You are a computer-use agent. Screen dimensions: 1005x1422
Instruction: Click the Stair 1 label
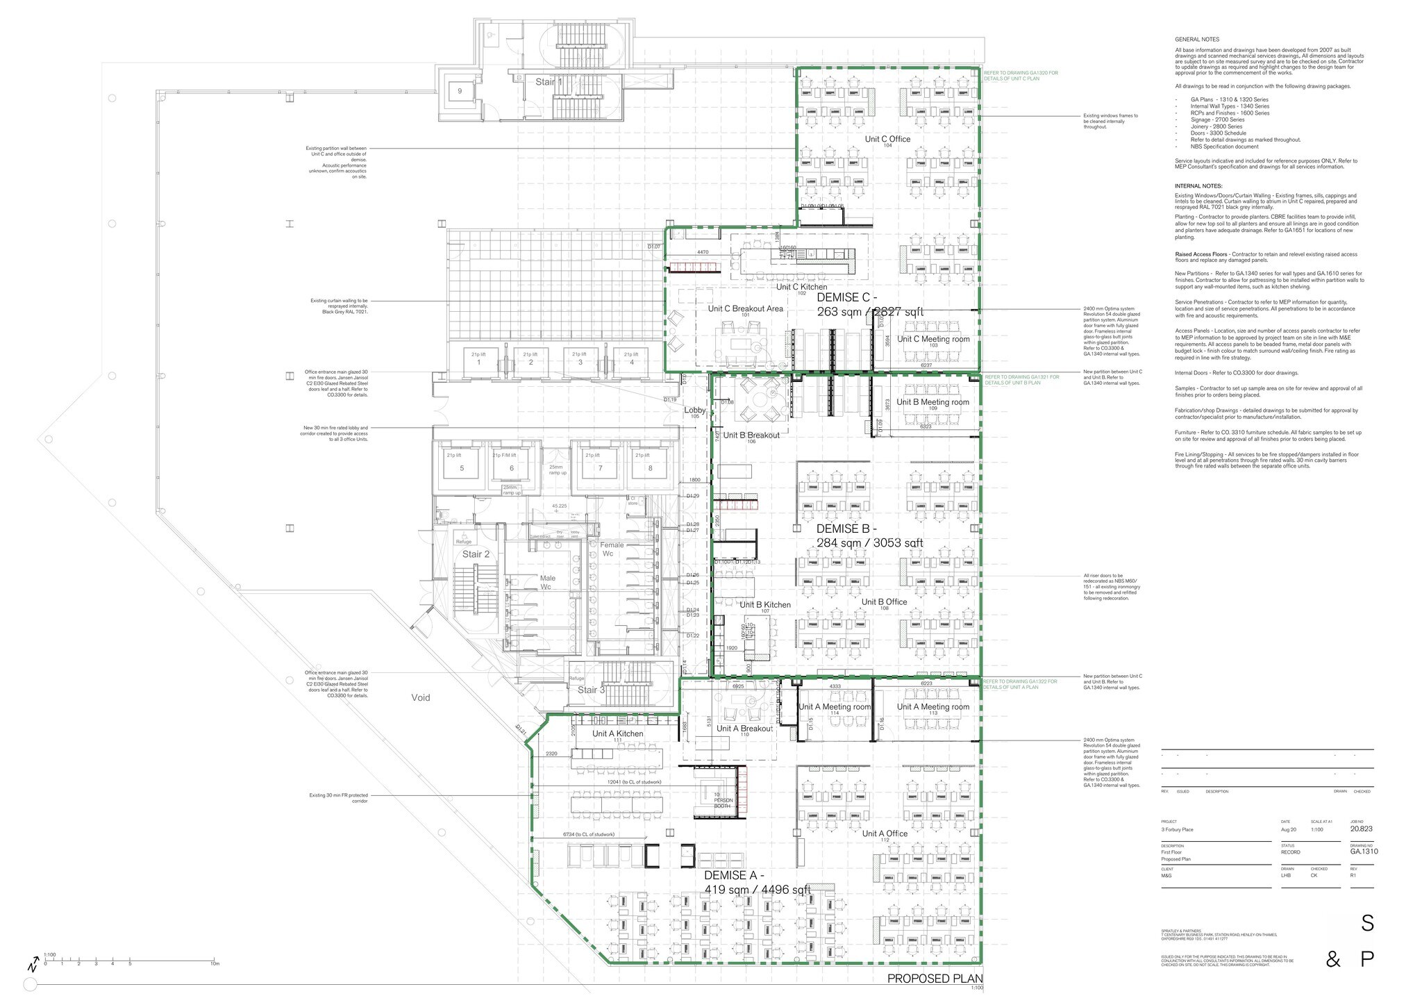(549, 82)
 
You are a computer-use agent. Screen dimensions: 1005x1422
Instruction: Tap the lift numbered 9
(459, 90)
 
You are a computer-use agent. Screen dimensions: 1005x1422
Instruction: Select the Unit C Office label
(887, 140)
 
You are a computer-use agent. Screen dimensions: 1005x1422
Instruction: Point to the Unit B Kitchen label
(764, 605)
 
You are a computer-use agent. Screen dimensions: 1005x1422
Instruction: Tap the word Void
(420, 697)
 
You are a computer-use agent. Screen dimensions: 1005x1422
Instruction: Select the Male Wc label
(547, 582)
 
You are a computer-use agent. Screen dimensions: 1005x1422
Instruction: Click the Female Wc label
(611, 549)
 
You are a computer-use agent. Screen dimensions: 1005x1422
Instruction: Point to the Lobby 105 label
(694, 411)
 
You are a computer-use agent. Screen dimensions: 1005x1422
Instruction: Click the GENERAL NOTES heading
(1196, 40)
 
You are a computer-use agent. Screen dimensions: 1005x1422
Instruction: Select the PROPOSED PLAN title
(935, 979)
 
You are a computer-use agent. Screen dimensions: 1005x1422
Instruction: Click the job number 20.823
(1361, 829)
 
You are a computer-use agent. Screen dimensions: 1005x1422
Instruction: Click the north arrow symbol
(33, 966)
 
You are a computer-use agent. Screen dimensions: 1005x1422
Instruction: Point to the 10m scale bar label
(215, 964)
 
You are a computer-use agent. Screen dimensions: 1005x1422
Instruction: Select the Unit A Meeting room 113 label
(932, 707)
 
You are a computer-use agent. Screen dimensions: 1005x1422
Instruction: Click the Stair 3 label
(592, 690)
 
